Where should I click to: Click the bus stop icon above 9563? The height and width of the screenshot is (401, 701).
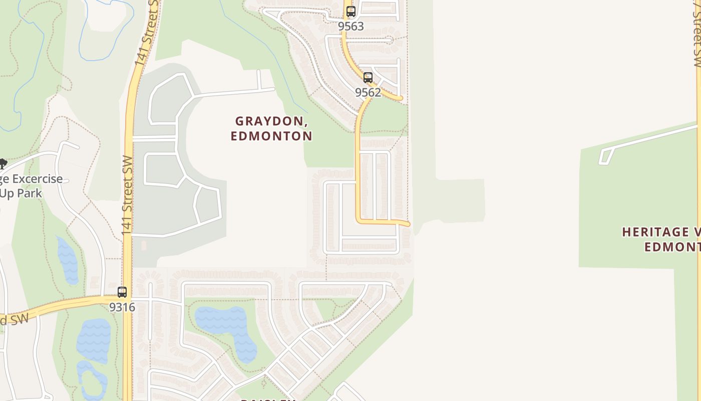[351, 12]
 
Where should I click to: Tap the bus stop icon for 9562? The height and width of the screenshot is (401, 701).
[368, 78]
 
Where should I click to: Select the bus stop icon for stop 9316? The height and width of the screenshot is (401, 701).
[122, 292]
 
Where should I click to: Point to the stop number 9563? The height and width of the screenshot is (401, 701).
[351, 26]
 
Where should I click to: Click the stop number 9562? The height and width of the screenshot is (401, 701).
[368, 92]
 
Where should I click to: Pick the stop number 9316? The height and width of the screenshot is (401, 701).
[122, 307]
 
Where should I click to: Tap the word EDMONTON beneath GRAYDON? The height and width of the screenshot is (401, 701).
[272, 136]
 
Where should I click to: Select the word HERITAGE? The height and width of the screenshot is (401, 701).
[648, 232]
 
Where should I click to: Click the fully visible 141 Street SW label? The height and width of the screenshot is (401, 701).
[127, 195]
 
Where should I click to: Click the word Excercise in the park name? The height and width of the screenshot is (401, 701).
[38, 179]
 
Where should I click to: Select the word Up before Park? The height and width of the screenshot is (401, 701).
[7, 193]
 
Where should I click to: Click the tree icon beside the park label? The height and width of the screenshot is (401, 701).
[3, 164]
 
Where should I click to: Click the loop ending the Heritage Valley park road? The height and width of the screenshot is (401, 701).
[605, 157]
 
